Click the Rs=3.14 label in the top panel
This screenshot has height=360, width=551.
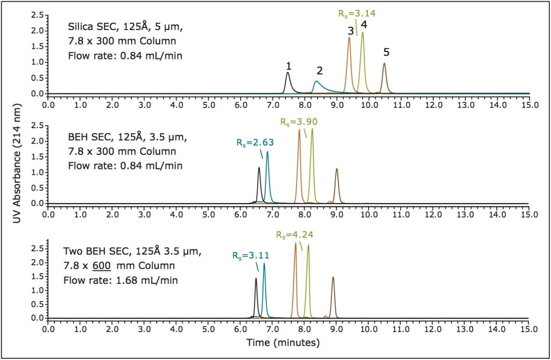(x=356, y=13)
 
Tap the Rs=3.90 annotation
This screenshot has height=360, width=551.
(x=299, y=122)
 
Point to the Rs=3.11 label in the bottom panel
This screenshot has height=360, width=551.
(x=251, y=255)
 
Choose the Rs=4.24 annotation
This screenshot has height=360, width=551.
(x=294, y=235)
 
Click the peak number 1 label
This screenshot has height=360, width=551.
(x=289, y=66)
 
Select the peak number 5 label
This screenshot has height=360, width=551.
(x=386, y=52)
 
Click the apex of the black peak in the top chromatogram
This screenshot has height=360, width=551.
(x=288, y=73)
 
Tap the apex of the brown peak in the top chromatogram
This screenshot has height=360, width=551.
(x=384, y=64)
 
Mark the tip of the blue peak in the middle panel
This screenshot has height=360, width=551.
(x=267, y=152)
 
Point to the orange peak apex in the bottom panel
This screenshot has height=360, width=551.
(x=295, y=243)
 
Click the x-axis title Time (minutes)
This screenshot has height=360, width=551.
(x=283, y=343)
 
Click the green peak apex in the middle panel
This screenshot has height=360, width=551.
(x=312, y=129)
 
